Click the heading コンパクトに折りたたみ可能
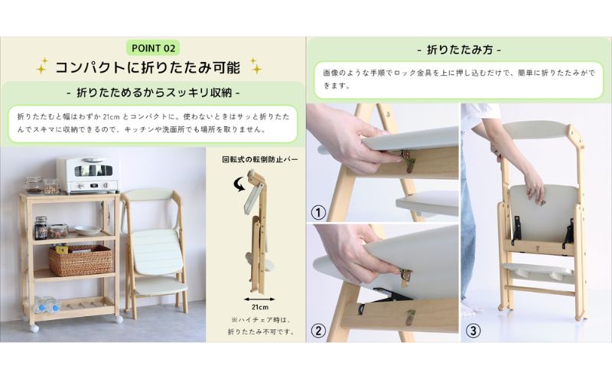[148, 67]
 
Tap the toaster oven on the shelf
[87, 175]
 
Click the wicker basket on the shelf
[80, 260]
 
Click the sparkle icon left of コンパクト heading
[42, 67]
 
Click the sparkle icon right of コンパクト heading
[255, 67]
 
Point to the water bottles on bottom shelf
[47, 305]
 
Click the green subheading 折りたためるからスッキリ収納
[153, 93]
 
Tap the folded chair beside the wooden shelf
[155, 245]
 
